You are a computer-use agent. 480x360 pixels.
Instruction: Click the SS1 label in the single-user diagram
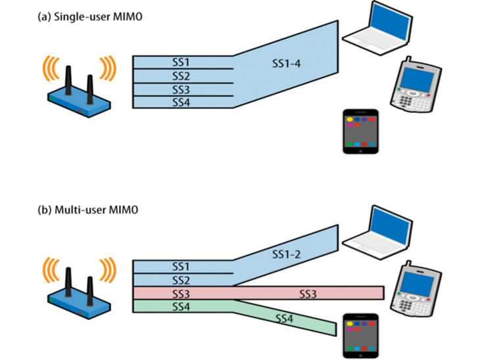tap(181, 62)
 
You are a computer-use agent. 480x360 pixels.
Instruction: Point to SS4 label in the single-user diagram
tap(181, 102)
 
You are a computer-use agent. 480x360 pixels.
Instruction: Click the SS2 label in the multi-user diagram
tap(181, 280)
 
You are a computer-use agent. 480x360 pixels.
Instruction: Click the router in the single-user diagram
tap(78, 84)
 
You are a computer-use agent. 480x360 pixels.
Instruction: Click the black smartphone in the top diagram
tap(362, 131)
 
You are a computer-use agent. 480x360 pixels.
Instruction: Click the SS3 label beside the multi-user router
tap(181, 293)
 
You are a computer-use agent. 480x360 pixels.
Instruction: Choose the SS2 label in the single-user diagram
tap(181, 76)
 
